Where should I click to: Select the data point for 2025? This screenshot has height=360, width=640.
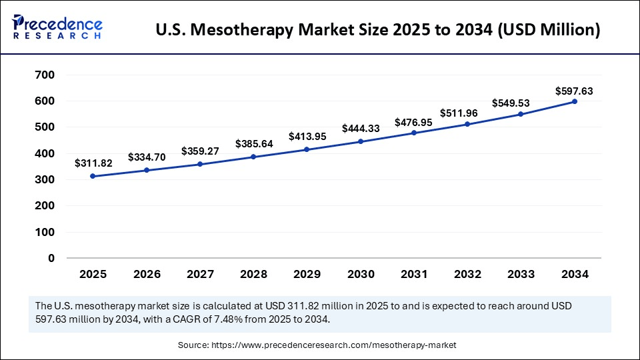coord(93,176)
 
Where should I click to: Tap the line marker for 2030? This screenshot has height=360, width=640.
coord(361,141)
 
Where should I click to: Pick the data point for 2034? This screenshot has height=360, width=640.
coord(575,101)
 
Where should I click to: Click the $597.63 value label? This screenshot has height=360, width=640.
coord(574,91)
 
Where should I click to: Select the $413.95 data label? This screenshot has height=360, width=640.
coord(307,136)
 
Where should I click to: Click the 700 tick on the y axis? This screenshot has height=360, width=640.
coord(45,75)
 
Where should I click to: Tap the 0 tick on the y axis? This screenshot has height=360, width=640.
coord(51,258)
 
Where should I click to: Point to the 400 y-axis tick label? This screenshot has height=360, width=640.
coord(45,153)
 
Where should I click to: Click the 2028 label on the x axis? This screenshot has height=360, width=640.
coord(253,274)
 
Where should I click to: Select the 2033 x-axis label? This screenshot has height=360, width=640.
coord(521,274)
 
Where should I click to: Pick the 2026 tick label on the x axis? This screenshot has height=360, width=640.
coord(147,274)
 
